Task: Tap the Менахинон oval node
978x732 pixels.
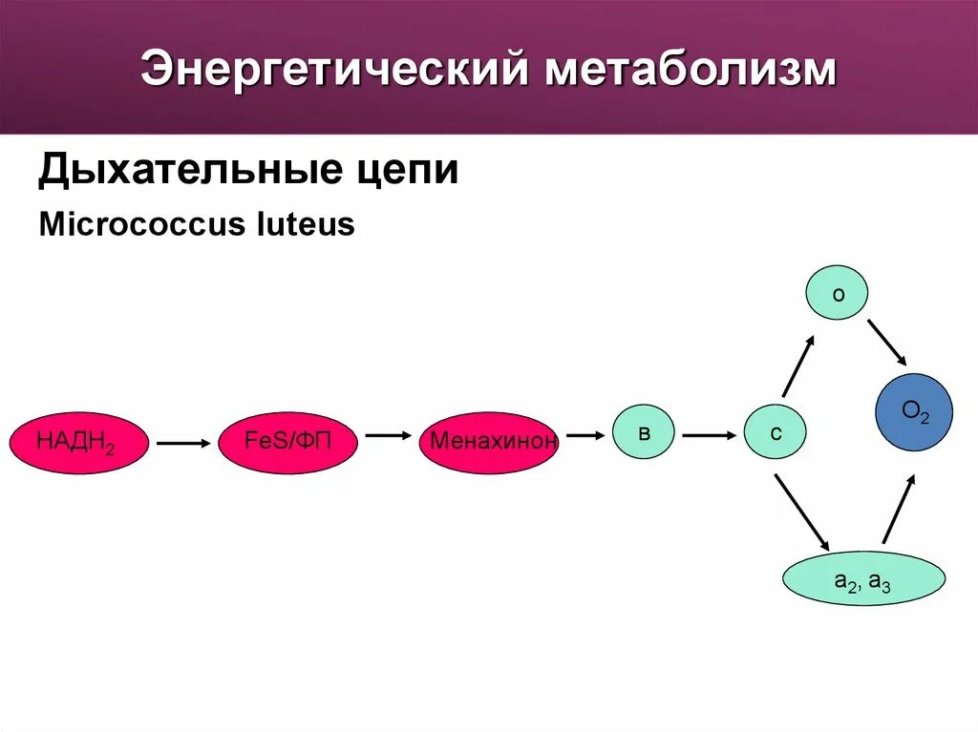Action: [489, 443]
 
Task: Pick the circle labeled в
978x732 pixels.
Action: [644, 431]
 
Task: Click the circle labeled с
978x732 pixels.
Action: [776, 431]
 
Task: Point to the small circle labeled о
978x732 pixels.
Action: [838, 294]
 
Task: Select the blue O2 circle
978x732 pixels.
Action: [914, 412]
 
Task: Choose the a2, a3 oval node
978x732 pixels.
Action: [863, 578]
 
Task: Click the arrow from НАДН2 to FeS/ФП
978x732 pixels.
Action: [182, 443]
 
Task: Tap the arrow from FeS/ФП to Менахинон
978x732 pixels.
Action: [387, 435]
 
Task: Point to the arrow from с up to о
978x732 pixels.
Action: [798, 366]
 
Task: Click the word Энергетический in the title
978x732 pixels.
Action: [334, 71]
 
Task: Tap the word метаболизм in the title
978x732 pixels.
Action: [690, 71]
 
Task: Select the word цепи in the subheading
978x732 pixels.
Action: [406, 171]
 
